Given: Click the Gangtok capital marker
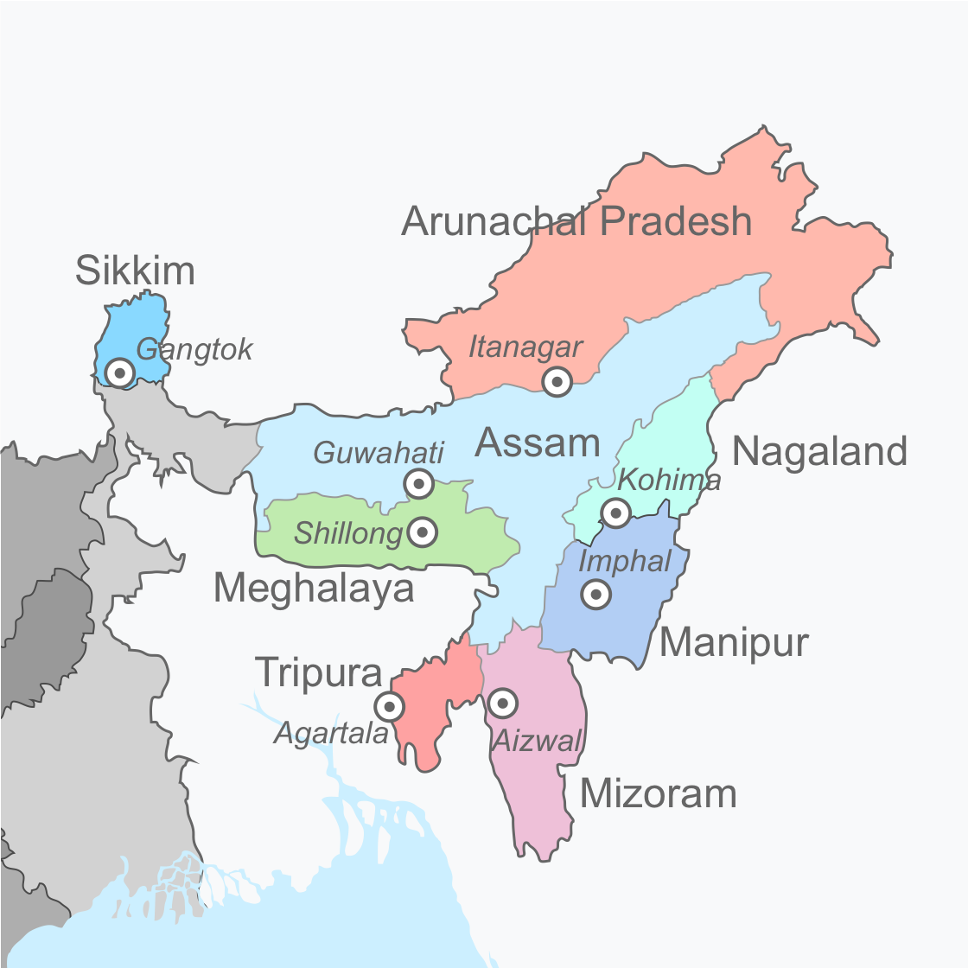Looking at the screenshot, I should [120, 373].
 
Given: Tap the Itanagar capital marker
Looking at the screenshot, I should [557, 380].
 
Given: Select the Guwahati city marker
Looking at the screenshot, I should [419, 483].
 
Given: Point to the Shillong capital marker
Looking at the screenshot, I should [422, 532].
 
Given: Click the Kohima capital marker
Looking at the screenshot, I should [615, 513].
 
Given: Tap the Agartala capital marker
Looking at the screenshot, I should [390, 706].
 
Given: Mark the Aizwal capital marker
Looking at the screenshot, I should [502, 703].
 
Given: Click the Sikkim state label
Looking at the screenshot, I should [135, 271].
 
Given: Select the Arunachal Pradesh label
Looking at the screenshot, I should [576, 221].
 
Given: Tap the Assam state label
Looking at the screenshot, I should [538, 443].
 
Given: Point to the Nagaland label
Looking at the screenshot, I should [819, 451].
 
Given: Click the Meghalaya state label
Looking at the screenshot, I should [313, 589].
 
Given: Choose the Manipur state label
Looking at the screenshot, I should [734, 642].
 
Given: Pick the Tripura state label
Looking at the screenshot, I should [319, 672].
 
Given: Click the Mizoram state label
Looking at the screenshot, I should [658, 793].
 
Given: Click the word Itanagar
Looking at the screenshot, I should [525, 347].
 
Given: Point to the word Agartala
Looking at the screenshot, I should [332, 734].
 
